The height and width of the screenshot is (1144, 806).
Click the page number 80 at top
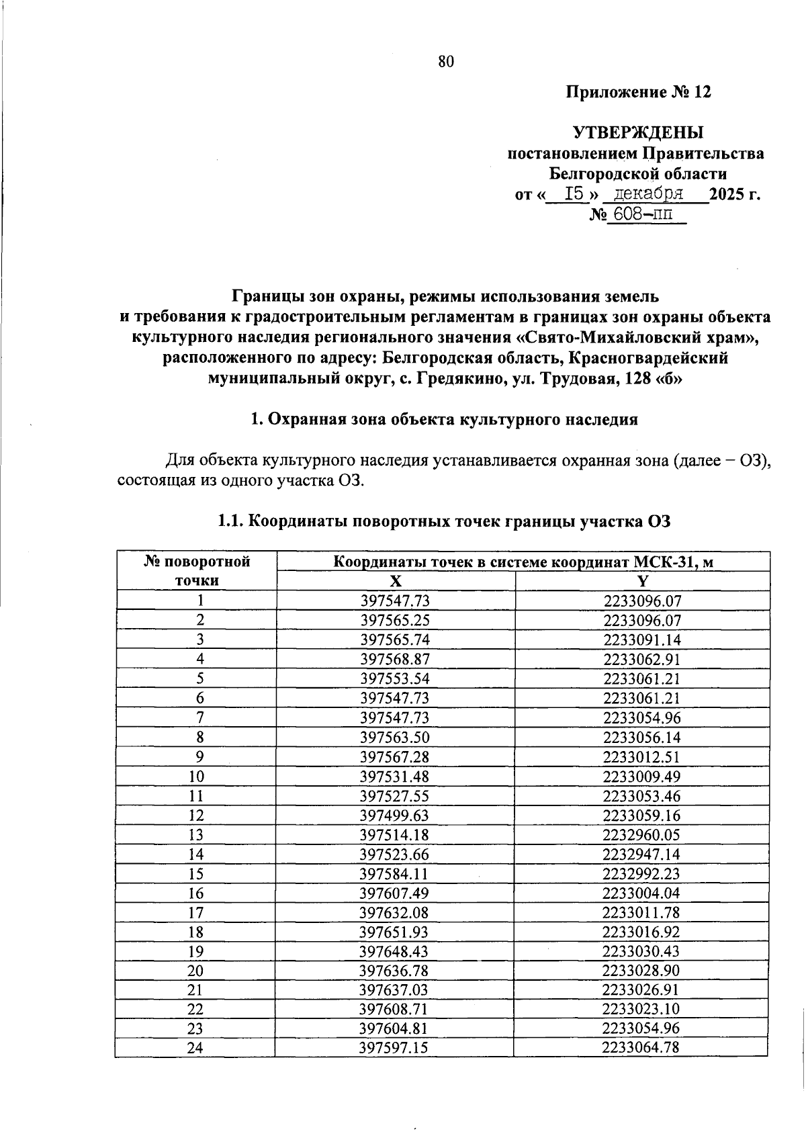coord(446,62)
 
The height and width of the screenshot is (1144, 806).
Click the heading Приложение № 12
coord(637,92)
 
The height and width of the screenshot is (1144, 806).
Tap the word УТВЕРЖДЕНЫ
coord(637,132)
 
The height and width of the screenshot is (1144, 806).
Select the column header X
coord(396,581)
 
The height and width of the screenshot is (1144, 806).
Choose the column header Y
coord(642,581)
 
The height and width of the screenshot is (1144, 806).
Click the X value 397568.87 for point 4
coord(395,659)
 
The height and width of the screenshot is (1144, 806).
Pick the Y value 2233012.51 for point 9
coord(642,757)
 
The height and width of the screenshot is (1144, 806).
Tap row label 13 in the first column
coord(196,835)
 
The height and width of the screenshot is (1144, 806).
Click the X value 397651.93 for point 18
coord(395,932)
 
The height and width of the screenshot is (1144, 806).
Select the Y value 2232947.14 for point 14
coord(642,854)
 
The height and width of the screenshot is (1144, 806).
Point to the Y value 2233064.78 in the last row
coord(642,1048)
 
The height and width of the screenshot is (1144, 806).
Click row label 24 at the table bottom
coord(196,1048)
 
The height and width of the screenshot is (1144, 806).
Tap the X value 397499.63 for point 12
coord(395,816)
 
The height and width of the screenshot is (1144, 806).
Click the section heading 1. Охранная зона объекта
coord(443,420)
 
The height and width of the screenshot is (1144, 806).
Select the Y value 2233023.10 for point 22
coord(642,1009)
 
